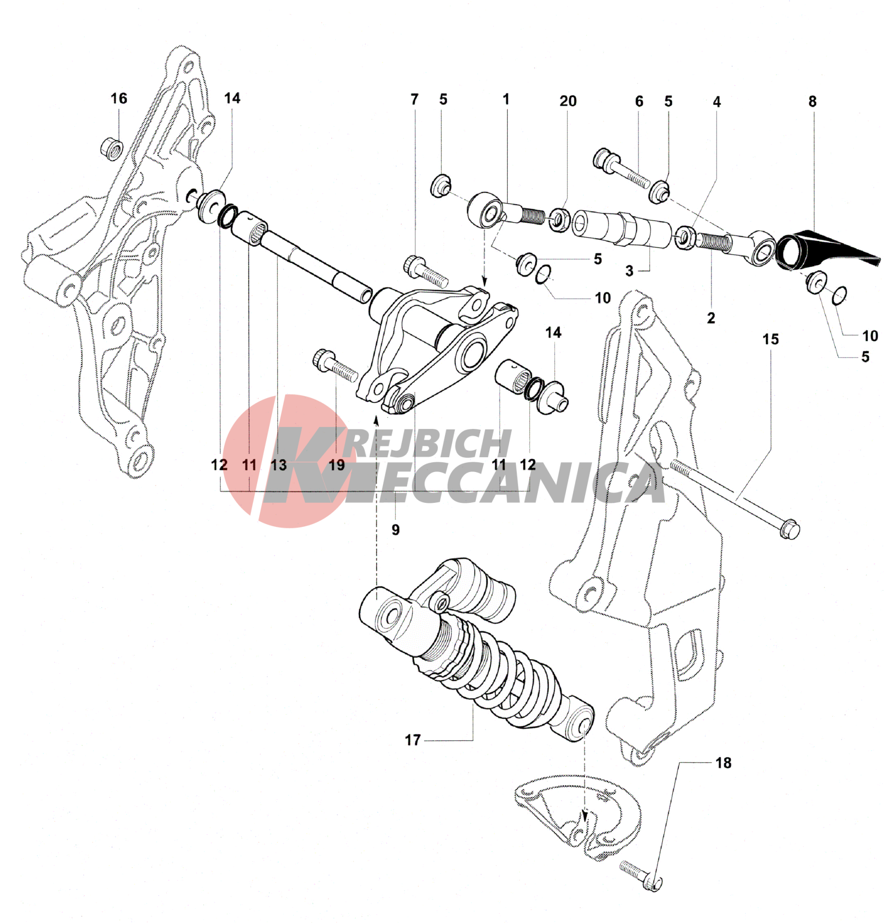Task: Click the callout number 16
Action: (x=119, y=99)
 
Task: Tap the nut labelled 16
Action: (x=111, y=149)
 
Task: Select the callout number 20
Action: (x=568, y=101)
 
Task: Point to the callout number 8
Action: (x=812, y=102)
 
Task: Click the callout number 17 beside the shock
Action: (x=413, y=740)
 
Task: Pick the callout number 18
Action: (x=723, y=763)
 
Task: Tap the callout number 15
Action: (x=770, y=339)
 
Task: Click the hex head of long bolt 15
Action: (x=789, y=529)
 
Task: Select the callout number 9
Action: (x=395, y=529)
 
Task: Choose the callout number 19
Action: (x=337, y=465)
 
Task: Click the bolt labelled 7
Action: (x=426, y=270)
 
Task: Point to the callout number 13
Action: (x=279, y=465)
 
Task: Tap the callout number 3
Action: (x=629, y=271)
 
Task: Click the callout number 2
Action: (x=711, y=318)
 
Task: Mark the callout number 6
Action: (x=639, y=101)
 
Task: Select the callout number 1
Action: (x=506, y=99)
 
